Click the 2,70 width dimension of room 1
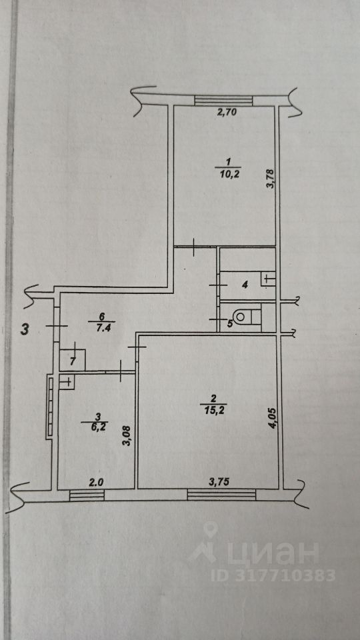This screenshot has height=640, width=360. (227, 113)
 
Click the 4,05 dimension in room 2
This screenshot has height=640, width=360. (272, 419)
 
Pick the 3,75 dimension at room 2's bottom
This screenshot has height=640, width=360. (219, 482)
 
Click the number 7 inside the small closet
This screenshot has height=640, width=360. (72, 361)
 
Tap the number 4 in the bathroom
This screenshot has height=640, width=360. (245, 285)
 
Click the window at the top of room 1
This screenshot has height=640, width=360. (224, 101)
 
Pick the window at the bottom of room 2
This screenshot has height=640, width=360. (221, 495)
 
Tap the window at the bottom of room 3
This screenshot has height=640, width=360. (87, 495)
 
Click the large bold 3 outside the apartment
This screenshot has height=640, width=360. (25, 329)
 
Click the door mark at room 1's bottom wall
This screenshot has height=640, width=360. (193, 247)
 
